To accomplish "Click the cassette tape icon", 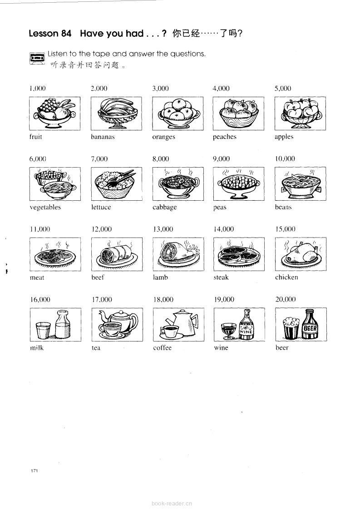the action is (x=37, y=58).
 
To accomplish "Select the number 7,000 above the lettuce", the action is (x=99, y=159).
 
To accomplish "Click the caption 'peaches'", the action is (x=224, y=137).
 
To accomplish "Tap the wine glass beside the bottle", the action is (x=228, y=331).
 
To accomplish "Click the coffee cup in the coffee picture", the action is (x=169, y=332).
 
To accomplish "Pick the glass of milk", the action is (x=43, y=330).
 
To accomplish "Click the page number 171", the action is (x=35, y=470).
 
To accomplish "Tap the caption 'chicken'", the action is (x=286, y=277).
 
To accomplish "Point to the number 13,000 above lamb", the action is (x=163, y=229).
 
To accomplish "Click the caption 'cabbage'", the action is (x=164, y=207).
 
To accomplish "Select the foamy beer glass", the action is (x=291, y=328).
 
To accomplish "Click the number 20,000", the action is (x=286, y=299).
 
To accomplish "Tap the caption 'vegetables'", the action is (x=45, y=207).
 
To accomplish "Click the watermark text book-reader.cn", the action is (x=172, y=504).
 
